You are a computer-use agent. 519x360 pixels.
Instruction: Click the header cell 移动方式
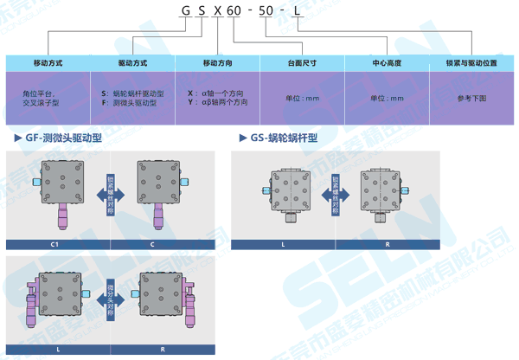[x=47, y=63]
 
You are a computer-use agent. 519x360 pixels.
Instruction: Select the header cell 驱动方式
[x=132, y=63]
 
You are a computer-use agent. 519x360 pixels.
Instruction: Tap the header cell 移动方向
[x=217, y=63]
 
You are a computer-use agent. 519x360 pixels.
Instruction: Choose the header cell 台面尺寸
[x=302, y=63]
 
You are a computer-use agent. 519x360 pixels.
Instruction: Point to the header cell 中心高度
[x=387, y=63]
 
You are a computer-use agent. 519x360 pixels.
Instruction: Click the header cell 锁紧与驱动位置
[x=471, y=63]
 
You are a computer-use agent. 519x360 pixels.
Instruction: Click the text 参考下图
[x=471, y=98]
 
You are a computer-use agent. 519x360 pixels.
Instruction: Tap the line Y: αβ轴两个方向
[x=217, y=103]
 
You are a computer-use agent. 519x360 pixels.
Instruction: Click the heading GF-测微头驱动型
[x=64, y=138]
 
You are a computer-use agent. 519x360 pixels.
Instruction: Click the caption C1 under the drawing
[x=54, y=245]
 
